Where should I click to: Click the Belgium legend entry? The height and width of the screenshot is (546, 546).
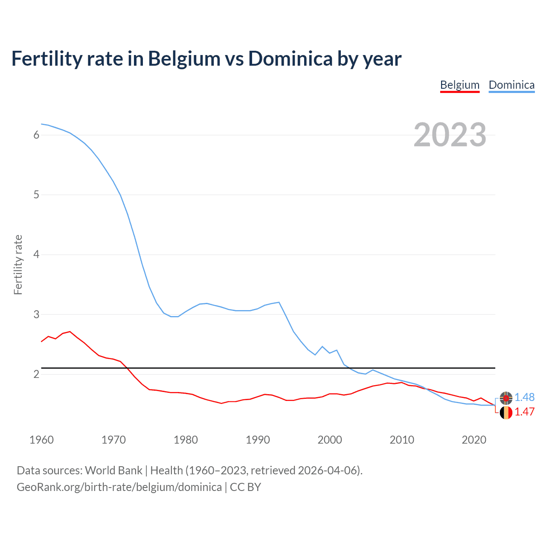pos(459,85)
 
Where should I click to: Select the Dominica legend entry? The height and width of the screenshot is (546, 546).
pos(511,85)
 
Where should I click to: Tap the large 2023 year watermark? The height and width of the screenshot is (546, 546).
pos(450,135)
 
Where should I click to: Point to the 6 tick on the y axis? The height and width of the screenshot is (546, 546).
pos(36,135)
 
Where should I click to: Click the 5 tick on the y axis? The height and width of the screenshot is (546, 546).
pos(36,195)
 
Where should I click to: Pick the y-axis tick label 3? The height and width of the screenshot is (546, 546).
pos(36,314)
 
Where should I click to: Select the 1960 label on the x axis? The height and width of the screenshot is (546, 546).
pos(41,440)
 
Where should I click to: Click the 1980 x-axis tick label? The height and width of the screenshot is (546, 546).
pos(186,440)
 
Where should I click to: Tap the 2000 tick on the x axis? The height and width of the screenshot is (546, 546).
pos(330,440)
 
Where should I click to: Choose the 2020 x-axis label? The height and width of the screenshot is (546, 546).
pos(474,440)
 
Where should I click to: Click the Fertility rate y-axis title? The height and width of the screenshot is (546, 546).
pos(18,264)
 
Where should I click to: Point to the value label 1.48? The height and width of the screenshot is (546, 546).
pos(524,397)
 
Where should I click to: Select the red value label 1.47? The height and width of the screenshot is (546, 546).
pos(524,412)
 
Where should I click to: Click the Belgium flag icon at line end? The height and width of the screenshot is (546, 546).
pos(506,412)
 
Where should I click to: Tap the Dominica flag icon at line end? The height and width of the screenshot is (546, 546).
pos(506,398)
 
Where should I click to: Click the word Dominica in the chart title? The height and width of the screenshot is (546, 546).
pos(290,58)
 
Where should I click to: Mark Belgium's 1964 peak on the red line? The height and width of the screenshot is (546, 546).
pos(70,331)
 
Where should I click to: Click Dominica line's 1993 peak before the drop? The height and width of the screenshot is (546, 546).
pos(279,302)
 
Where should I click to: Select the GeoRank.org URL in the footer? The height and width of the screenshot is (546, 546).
pos(119,487)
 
